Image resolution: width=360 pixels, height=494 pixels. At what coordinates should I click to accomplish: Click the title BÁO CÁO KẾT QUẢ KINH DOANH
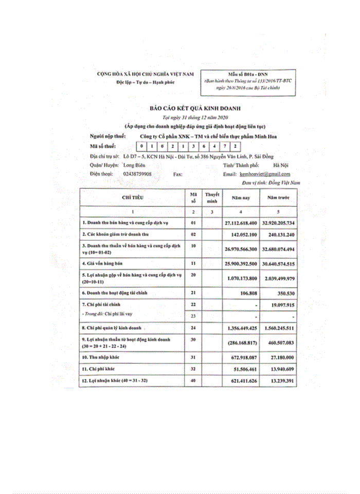tap(187, 109)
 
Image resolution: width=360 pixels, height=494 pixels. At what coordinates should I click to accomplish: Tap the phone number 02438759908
tap(137, 174)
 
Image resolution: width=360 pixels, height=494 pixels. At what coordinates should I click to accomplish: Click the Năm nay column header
tap(241, 198)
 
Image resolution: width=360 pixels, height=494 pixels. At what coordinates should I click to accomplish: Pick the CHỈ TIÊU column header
tap(132, 197)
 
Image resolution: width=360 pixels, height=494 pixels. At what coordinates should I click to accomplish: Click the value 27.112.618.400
tap(241, 223)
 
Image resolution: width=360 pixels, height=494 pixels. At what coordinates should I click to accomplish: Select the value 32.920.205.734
tap(278, 223)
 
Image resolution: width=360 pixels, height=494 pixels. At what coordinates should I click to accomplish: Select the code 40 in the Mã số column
tap(193, 381)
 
